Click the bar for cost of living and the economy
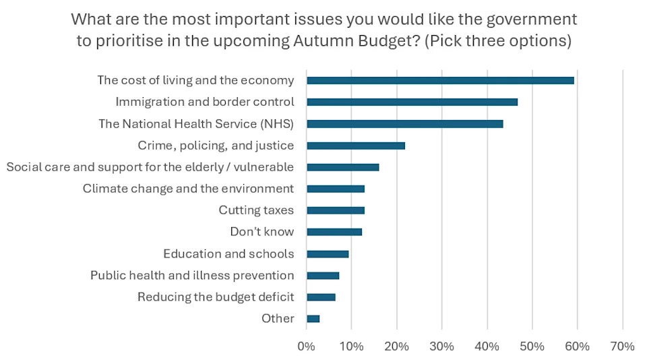click(x=440, y=80)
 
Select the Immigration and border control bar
click(x=412, y=102)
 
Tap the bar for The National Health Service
click(x=404, y=124)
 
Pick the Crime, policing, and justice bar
click(x=356, y=146)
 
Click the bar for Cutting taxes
click(x=336, y=210)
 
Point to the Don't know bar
click(x=334, y=232)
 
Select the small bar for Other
click(x=313, y=319)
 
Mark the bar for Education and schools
click(x=328, y=254)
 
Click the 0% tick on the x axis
click(x=306, y=347)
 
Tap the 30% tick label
click(x=441, y=347)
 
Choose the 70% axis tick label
click(x=622, y=347)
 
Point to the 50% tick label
click(x=532, y=347)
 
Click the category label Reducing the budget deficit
click(x=216, y=297)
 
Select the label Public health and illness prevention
click(x=192, y=275)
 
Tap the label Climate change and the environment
click(x=188, y=189)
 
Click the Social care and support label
click(x=150, y=167)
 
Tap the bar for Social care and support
click(x=342, y=167)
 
